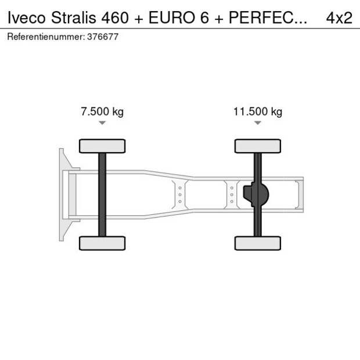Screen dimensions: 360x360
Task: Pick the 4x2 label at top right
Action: coord(339,18)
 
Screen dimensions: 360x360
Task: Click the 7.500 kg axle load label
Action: coord(102,112)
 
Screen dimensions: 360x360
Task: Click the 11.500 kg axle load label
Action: coord(258,112)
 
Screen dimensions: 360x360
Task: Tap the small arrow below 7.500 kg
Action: coord(102,123)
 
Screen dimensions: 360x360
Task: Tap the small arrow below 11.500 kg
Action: coord(258,123)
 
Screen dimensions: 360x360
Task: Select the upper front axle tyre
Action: coord(102,146)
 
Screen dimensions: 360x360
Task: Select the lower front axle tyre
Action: coord(102,243)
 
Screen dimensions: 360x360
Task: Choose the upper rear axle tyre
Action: coord(258,146)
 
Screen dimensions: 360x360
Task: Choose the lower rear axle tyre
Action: coord(258,243)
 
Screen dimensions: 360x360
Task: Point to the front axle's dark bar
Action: coord(102,194)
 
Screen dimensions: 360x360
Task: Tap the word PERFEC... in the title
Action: coord(267,18)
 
